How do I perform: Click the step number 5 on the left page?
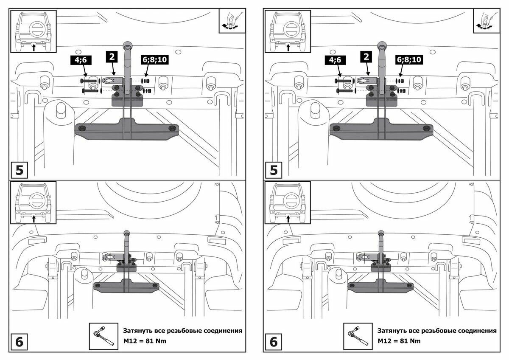[19, 170]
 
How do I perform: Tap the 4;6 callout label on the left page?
[81, 60]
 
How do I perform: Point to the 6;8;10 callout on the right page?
[409, 60]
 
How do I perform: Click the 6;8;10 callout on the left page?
[154, 60]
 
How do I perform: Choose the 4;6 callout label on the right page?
[335, 60]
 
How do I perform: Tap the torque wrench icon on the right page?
[357, 336]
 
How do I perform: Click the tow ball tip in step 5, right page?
[381, 45]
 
